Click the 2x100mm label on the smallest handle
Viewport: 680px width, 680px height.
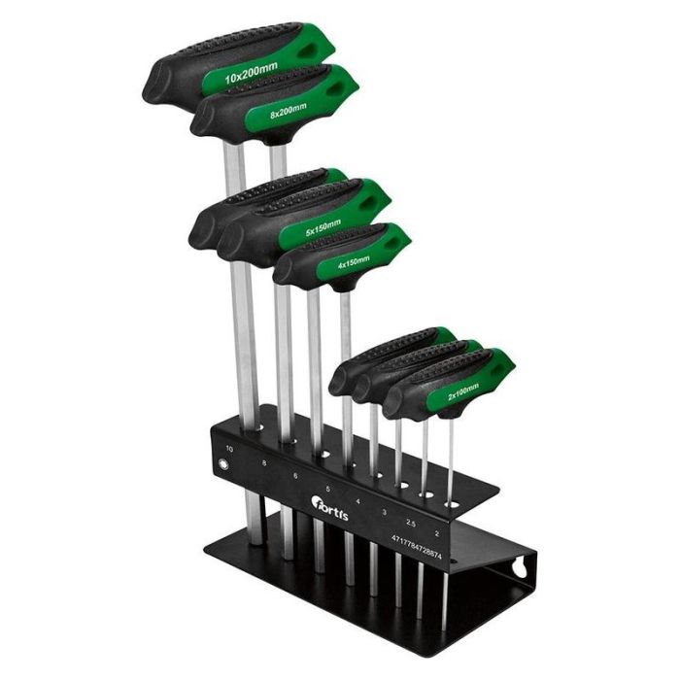coord(462,389)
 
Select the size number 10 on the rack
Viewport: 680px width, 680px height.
coord(229,449)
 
